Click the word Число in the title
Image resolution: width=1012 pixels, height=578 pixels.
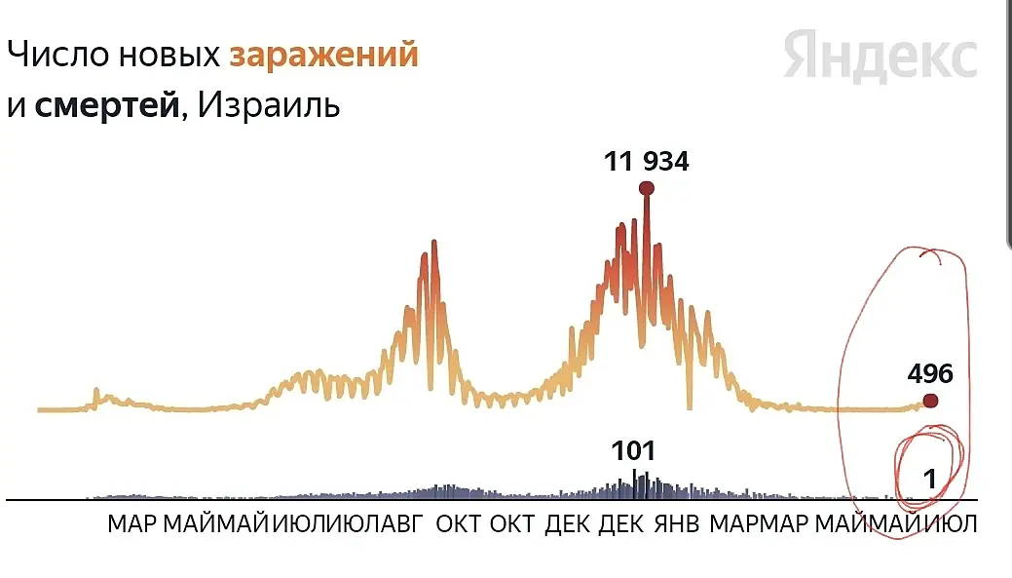tap(57, 55)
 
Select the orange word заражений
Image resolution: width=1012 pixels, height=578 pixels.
tap(323, 56)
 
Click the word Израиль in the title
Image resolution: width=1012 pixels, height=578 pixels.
tap(269, 104)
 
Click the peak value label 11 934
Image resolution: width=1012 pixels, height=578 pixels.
tap(646, 161)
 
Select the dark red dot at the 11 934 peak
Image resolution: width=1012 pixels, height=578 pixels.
tap(646, 188)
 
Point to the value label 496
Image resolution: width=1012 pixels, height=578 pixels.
tap(930, 373)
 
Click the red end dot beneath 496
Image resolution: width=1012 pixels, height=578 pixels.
tap(930, 401)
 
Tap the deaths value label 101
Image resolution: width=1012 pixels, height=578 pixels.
tap(633, 451)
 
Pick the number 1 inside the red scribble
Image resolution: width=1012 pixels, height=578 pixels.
tap(929, 479)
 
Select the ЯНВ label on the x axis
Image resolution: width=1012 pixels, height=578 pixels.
tap(677, 523)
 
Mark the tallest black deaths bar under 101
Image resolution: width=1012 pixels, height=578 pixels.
tap(634, 484)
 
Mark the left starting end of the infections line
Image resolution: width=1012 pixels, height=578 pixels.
tap(39, 409)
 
